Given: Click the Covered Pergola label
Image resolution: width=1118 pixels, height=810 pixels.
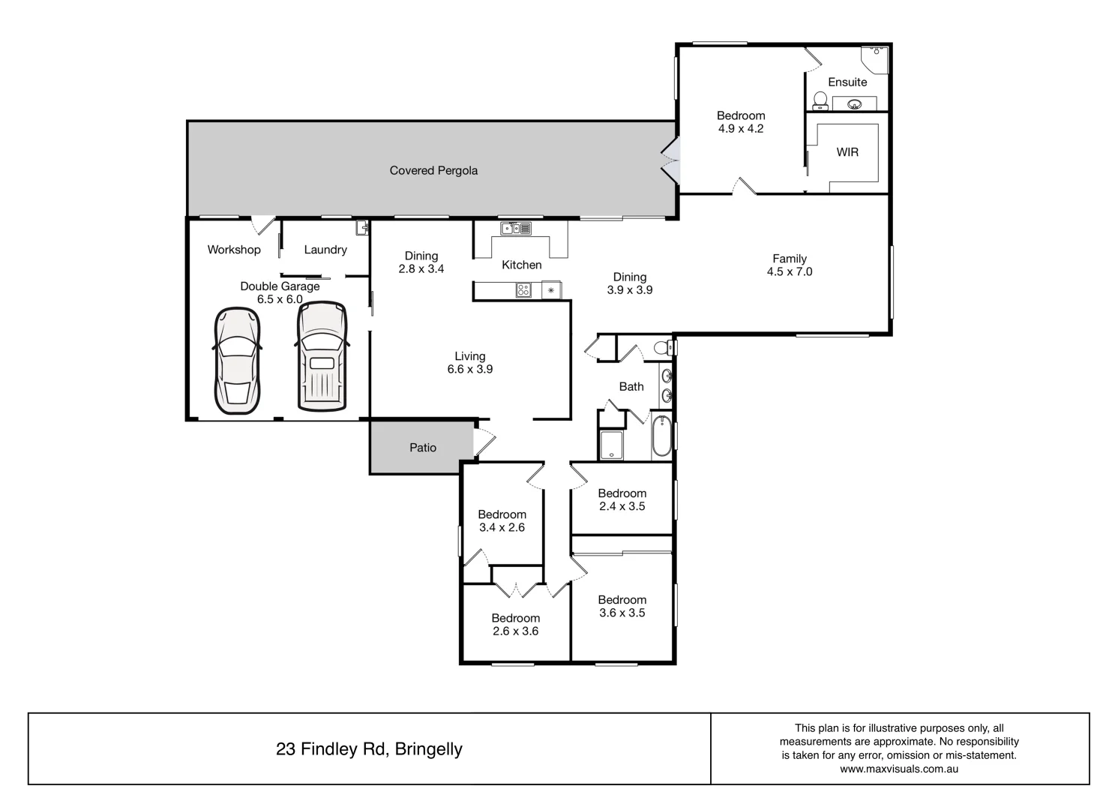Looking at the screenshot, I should pyautogui.click(x=433, y=170).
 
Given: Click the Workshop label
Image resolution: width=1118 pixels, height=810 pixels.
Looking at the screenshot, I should pyautogui.click(x=234, y=250).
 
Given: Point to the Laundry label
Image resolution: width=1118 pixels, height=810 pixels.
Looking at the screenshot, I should pyautogui.click(x=325, y=250).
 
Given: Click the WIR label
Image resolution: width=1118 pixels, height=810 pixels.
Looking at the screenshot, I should pyautogui.click(x=847, y=152).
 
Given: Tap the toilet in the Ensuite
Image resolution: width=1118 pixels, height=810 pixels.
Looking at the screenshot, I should pyautogui.click(x=820, y=100).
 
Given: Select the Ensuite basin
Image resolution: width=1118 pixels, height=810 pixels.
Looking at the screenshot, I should pyautogui.click(x=854, y=104).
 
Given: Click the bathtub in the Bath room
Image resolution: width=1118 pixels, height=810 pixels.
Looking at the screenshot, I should pyautogui.click(x=661, y=436).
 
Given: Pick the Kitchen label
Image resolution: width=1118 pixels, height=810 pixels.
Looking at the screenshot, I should pyautogui.click(x=521, y=265).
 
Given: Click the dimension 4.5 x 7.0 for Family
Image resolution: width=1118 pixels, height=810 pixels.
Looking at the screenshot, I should pyautogui.click(x=789, y=272).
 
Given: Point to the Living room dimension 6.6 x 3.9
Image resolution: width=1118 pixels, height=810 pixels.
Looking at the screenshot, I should pyautogui.click(x=470, y=370).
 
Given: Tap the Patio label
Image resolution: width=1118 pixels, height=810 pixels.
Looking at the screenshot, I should pyautogui.click(x=423, y=448).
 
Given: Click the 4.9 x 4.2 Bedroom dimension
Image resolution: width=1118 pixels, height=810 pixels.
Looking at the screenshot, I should pyautogui.click(x=741, y=129).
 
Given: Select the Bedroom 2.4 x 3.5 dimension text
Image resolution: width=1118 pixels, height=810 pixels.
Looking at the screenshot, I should pyautogui.click(x=622, y=506).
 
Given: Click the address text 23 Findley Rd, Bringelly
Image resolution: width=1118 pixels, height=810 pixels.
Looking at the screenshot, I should pyautogui.click(x=369, y=749).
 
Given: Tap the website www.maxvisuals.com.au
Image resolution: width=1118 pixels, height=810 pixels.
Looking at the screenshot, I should pyautogui.click(x=899, y=769).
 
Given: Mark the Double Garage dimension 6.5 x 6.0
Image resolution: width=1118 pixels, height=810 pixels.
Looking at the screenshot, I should pyautogui.click(x=280, y=299).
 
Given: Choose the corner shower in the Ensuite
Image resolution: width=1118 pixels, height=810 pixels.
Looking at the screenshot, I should pyautogui.click(x=875, y=58).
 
